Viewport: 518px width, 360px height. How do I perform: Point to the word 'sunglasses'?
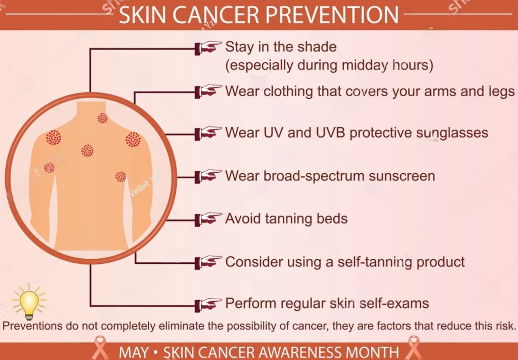(452, 133)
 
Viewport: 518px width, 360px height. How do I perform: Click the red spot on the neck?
(103, 118)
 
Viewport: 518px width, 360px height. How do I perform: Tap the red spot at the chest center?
(88, 150)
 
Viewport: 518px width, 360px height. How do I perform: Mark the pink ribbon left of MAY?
(100, 348)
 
